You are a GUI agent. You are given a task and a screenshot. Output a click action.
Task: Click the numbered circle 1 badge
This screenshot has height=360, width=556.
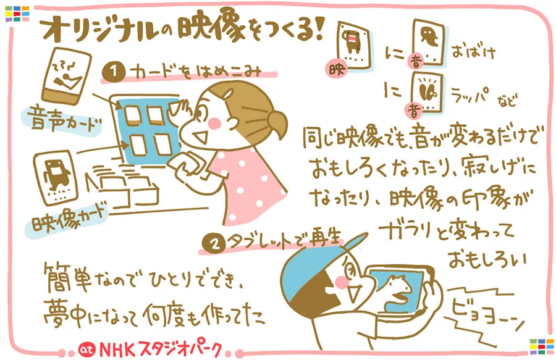point(114,72)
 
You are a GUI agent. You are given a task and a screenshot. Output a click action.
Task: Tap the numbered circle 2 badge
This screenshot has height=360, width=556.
point(214,244)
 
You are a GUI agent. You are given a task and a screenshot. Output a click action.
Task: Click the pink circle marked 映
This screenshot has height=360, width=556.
point(337,69)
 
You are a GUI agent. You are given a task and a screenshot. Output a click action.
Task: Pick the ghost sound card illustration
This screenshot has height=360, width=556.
point(428,43)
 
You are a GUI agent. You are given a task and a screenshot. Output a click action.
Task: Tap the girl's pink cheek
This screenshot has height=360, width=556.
point(214,123)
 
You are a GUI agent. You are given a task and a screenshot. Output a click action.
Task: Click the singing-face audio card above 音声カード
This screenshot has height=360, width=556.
point(66,75)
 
